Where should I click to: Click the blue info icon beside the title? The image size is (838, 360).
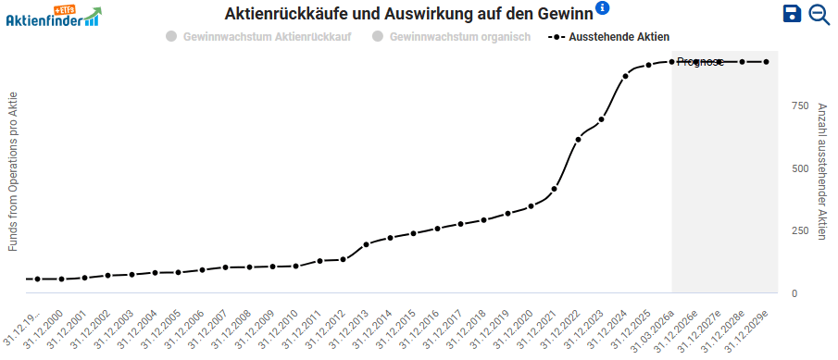pyautogui.click(x=603, y=8)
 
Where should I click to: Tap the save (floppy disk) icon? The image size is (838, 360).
pyautogui.click(x=792, y=13)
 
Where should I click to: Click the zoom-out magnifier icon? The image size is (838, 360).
pyautogui.click(x=819, y=13)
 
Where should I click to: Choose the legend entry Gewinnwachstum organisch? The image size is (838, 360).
pyautogui.click(x=451, y=37)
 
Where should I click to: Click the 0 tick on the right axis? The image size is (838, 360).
pyautogui.click(x=794, y=293)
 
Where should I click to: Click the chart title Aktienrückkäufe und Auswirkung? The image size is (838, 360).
pyautogui.click(x=408, y=12)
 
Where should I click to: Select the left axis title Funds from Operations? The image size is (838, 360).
pyautogui.click(x=13, y=171)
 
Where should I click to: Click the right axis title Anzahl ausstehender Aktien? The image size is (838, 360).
pyautogui.click(x=821, y=171)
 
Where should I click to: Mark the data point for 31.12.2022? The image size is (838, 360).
pyautogui.click(x=578, y=139)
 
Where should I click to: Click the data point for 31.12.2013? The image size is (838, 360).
pyautogui.click(x=366, y=244)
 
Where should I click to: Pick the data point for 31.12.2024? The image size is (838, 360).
pyautogui.click(x=625, y=76)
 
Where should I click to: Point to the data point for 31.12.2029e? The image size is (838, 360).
pyautogui.click(x=766, y=62)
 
